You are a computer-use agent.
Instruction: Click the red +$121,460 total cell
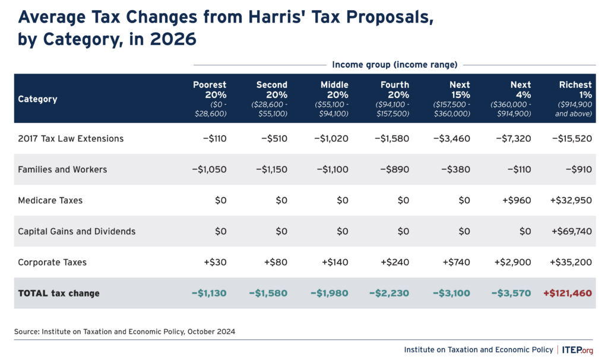coord(567,293)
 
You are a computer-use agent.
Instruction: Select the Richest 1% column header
coord(575,98)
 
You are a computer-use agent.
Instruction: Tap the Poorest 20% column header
coord(210,98)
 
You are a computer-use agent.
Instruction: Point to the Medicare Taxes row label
coord(50,200)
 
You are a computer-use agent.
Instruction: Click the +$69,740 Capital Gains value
coord(571,231)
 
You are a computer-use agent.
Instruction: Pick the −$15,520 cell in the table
coord(571,138)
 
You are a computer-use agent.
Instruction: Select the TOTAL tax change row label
coord(59,293)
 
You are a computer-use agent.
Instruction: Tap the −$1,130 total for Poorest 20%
coord(208,293)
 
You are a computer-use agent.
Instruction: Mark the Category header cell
coord(37,99)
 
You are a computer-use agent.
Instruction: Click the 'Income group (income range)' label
coord(394,64)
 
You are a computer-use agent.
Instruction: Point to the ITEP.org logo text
coord(577,349)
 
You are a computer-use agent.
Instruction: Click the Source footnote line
coord(125,331)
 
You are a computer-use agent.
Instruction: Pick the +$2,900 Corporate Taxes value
coord(512,262)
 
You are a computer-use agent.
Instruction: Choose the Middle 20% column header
coord(334,98)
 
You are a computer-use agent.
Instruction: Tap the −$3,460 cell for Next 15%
coord(451,138)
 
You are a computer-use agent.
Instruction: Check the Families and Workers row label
coord(62,169)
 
